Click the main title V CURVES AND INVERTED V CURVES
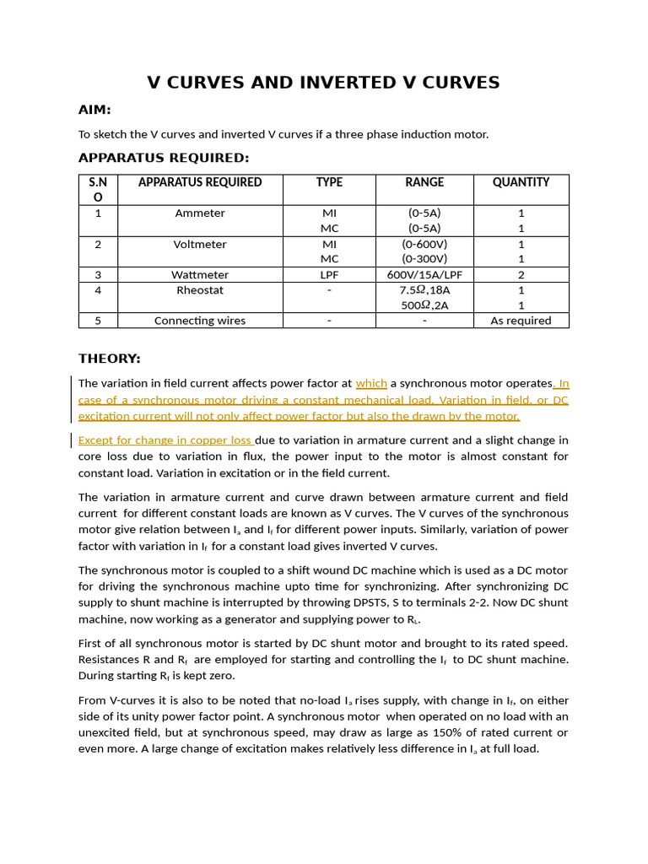pos(323,83)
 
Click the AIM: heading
pos(94,111)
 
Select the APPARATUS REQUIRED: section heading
pos(164,158)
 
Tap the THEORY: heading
pos(110,359)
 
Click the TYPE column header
pos(329,182)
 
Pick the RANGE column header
pos(424,182)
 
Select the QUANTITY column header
pos(521,182)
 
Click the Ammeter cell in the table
pos(200,213)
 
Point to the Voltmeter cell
pos(200,245)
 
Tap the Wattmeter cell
pos(200,275)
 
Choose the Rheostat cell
pos(200,290)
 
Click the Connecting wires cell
pos(200,321)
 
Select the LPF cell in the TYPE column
pos(329,275)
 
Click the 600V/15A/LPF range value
pos(424,275)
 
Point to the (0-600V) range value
pos(424,245)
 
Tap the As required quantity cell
pos(521,321)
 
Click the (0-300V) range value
pos(424,259)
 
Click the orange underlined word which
pos(371,383)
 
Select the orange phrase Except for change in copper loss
pos(165,440)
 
